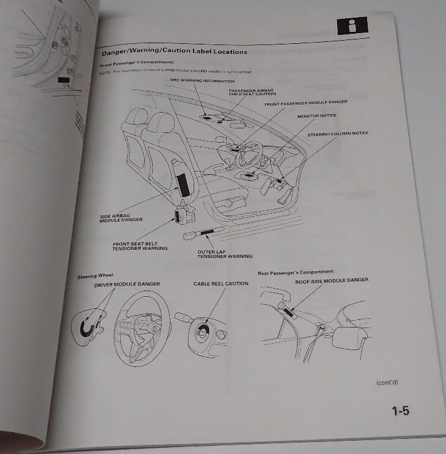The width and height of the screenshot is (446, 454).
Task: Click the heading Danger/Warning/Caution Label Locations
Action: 174,52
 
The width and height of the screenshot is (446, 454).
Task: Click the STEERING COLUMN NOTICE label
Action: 338,133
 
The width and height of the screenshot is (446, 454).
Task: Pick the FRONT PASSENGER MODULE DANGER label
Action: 305,103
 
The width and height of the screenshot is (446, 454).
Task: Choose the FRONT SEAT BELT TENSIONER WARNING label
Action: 140,246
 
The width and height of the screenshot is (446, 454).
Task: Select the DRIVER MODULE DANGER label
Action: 127,284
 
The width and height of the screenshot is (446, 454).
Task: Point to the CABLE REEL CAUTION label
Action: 220,284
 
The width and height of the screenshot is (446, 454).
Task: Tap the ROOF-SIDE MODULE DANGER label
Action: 331,280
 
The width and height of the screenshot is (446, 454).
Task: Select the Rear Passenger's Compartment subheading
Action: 296,273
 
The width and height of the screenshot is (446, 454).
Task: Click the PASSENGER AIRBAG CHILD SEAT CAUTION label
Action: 246,93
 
